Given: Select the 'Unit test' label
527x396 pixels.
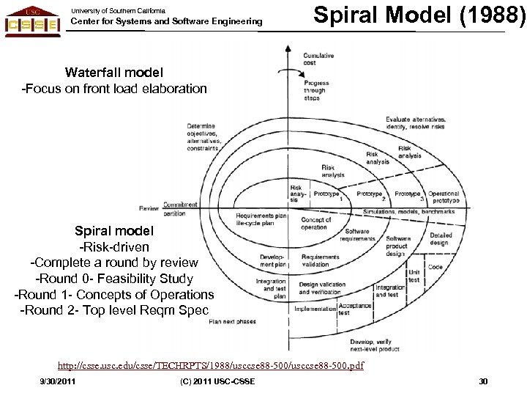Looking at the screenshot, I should pyautogui.click(x=414, y=276).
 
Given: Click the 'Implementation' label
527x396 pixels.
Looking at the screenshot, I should pyautogui.click(x=315, y=309).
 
